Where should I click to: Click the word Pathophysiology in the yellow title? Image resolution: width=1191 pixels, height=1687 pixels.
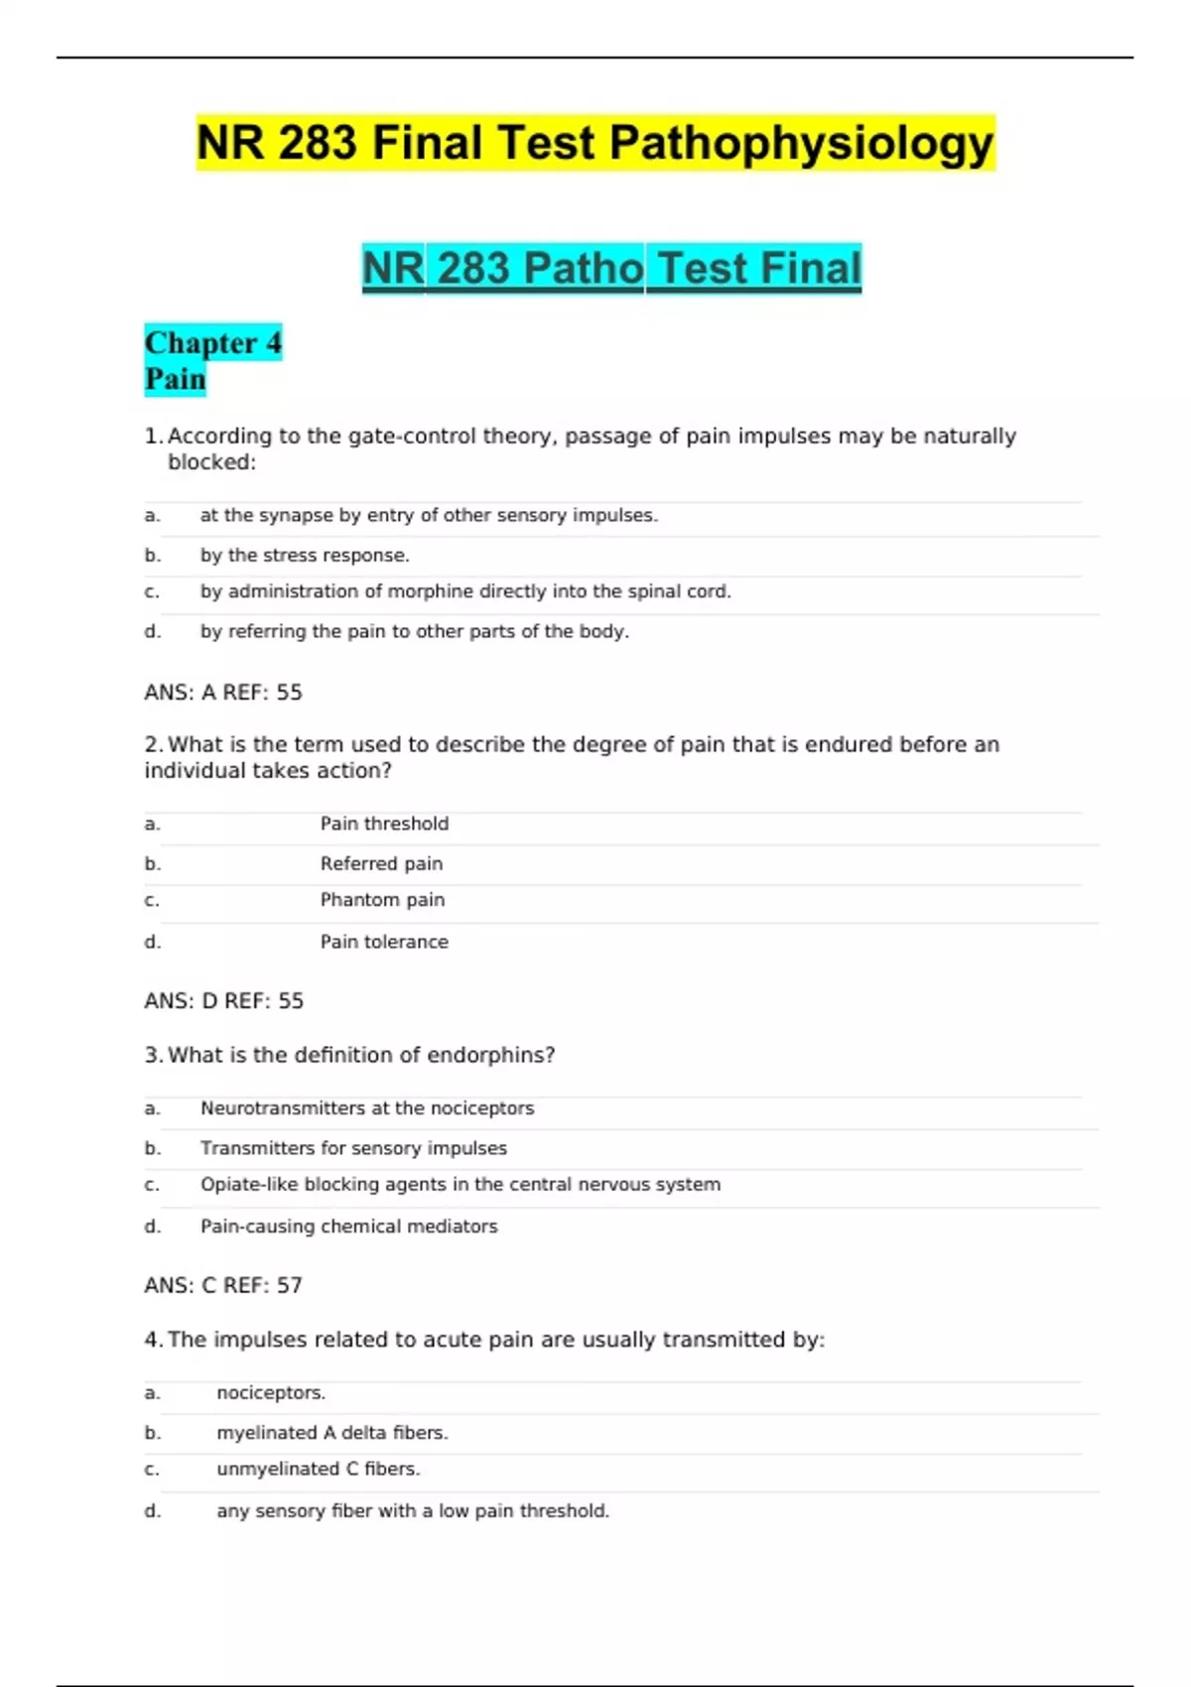801,144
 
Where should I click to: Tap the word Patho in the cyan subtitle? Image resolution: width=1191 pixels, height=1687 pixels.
584,268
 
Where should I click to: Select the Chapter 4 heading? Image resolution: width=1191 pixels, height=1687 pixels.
213,342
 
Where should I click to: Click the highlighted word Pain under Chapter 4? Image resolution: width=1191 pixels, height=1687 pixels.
176,379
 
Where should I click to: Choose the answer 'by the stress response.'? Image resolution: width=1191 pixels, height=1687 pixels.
305,556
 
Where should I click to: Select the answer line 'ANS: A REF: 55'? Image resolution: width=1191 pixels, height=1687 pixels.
223,693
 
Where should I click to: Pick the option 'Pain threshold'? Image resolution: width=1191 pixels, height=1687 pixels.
384,824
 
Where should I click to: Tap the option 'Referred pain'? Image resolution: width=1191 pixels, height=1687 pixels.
381,864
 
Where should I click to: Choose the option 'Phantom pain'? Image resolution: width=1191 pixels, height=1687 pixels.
382,900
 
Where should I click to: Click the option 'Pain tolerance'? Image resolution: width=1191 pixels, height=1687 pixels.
384,942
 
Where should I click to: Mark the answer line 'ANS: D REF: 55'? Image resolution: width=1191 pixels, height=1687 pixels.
224,1001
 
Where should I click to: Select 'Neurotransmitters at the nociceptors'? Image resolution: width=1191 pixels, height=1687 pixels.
367,1108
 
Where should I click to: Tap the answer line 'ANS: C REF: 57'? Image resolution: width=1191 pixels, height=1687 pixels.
223,1286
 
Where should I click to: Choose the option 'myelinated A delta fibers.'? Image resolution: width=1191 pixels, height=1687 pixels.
332,1433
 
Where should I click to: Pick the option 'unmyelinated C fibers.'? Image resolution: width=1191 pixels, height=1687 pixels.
319,1469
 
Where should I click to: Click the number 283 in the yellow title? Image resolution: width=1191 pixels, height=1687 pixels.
317,144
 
